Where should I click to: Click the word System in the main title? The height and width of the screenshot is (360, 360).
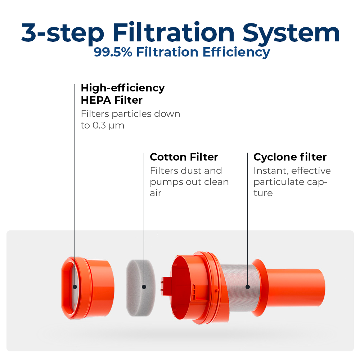tap(291, 33)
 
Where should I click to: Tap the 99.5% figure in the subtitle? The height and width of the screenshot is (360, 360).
tap(113, 52)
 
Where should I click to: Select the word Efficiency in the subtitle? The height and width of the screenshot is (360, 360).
tap(236, 52)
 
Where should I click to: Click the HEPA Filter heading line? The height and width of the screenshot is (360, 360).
tap(112, 100)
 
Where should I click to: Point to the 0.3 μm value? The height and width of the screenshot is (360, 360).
tap(108, 126)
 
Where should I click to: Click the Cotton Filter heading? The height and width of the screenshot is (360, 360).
tap(184, 157)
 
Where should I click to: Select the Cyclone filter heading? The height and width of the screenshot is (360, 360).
tap(290, 157)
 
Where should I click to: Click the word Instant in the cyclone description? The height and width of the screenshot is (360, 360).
tap(271, 171)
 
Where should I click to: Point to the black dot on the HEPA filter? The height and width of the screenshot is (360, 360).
tap(75, 287)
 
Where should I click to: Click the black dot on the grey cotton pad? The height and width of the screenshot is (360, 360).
tap(144, 287)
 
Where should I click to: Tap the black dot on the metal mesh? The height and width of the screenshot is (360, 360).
tap(248, 287)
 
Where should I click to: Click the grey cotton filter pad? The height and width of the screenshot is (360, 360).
tap(141, 288)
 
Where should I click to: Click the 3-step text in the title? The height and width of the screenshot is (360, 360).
tap(63, 33)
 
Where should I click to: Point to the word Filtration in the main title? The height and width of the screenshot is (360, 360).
tap(174, 32)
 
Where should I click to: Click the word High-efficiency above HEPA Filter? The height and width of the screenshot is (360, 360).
tap(123, 88)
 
